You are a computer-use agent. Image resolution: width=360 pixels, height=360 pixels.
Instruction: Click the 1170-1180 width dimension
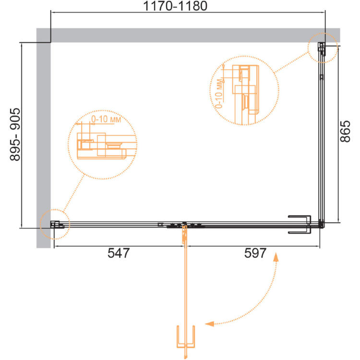[x=175, y=6]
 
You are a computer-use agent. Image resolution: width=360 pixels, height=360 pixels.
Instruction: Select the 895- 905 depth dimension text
[x=15, y=134]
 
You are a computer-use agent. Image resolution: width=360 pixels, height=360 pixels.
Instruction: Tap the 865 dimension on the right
[x=345, y=132]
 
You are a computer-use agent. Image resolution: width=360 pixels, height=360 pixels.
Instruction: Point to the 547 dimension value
[x=119, y=253]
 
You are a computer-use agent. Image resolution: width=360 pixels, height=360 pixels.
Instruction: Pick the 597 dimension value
[x=255, y=253]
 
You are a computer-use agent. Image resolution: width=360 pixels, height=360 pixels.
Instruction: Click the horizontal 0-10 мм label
[x=106, y=119]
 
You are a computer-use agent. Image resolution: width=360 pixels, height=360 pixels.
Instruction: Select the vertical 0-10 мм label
[x=219, y=94]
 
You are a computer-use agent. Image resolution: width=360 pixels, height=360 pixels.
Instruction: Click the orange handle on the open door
[x=186, y=336]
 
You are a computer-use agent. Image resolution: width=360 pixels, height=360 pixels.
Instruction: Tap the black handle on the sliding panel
[x=300, y=224]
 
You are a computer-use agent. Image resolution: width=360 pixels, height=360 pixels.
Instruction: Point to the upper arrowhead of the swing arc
[x=276, y=257]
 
